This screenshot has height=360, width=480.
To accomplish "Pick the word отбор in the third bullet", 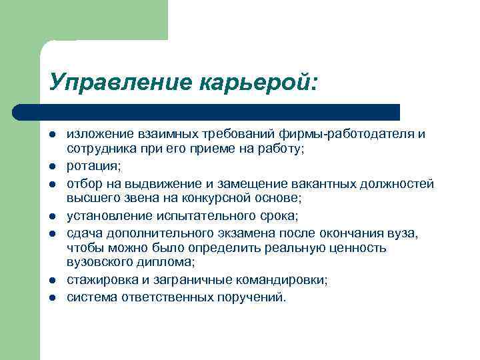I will tap(83, 183).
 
